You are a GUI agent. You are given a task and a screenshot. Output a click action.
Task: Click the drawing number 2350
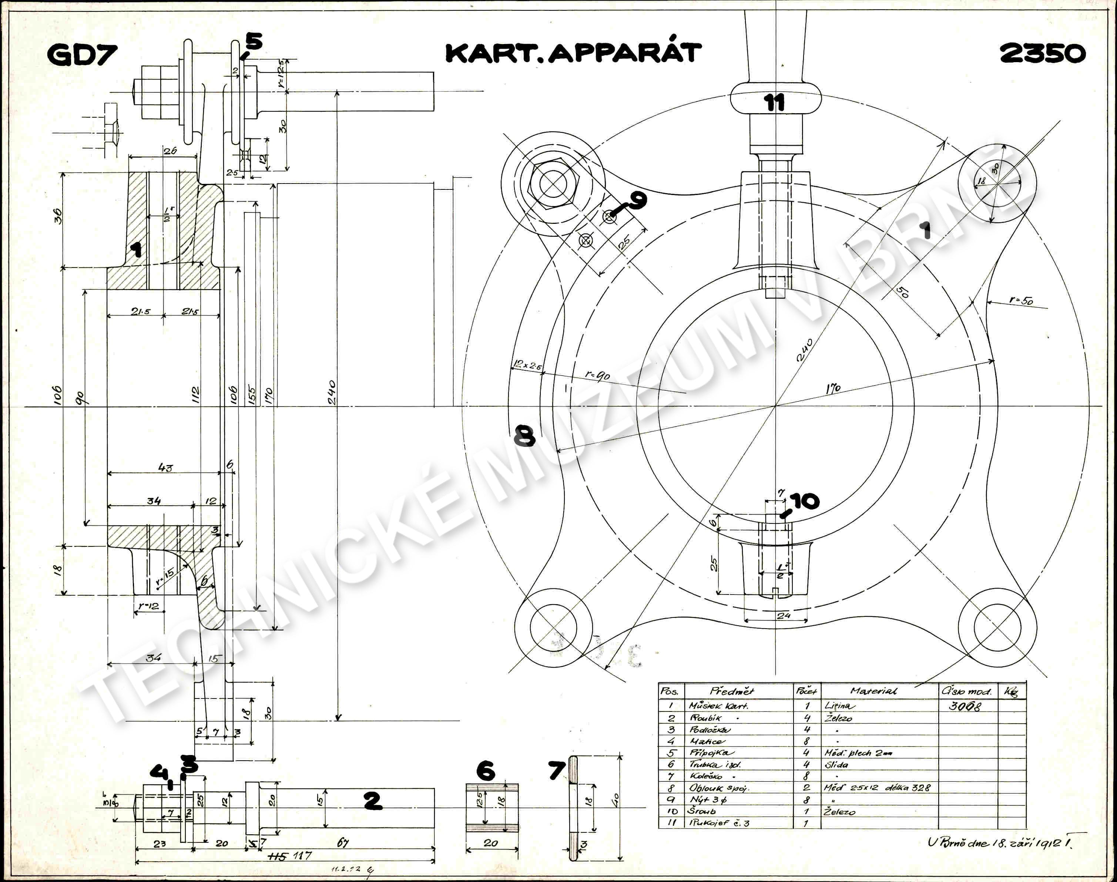pyautogui.click(x=1042, y=54)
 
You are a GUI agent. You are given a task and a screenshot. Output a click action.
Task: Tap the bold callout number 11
pyautogui.click(x=774, y=103)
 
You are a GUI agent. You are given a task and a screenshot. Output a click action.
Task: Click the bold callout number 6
pyautogui.click(x=485, y=771)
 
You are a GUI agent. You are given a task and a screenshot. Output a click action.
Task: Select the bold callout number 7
pyautogui.click(x=556, y=771)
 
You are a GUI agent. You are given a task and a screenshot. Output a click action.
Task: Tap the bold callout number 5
pyautogui.click(x=254, y=41)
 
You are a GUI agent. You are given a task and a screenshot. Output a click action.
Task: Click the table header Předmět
pyautogui.click(x=732, y=691)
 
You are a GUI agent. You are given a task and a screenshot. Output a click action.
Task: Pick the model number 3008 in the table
pyautogui.click(x=964, y=706)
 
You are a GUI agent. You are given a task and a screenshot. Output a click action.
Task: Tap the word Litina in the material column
pyautogui.click(x=839, y=706)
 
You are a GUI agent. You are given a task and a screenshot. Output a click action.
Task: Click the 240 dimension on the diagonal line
pyautogui.click(x=805, y=350)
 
